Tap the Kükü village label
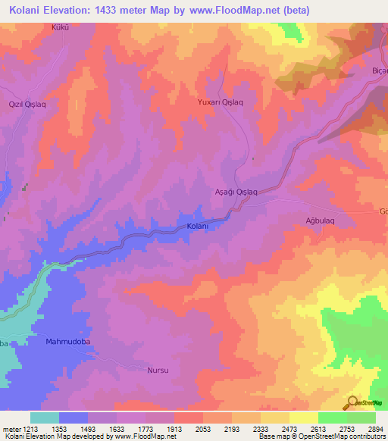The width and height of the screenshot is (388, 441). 60,27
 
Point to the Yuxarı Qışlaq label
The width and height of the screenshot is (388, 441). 219,102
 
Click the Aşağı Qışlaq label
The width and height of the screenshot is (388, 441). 236,192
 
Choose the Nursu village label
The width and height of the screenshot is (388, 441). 157,371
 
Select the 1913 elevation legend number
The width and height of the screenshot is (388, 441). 174,428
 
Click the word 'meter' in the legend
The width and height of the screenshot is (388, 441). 9,428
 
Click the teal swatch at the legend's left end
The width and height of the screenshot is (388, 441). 45,418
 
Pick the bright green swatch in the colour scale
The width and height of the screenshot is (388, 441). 333,418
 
